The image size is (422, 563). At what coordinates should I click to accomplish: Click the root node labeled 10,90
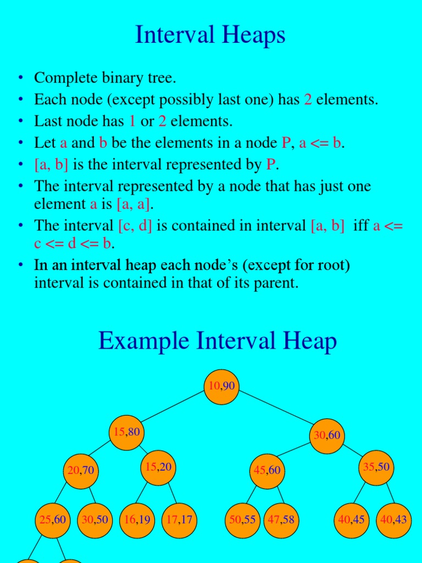221,387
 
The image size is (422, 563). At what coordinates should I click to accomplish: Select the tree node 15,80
126,433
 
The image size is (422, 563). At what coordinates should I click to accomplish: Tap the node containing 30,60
327,435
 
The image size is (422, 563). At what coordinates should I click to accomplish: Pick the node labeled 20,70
81,470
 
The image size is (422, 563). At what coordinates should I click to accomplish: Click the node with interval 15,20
158,467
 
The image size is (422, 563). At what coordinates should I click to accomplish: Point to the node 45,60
267,470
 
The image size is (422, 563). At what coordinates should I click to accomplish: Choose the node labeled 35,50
376,467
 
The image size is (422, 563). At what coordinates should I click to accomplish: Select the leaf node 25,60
53,520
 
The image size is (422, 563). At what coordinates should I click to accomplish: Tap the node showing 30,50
95,520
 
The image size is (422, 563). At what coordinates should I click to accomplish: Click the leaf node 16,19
137,520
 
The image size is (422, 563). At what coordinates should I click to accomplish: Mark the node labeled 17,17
179,520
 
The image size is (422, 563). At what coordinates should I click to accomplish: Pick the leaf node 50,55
242,520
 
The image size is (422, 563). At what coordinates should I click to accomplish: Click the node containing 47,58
280,520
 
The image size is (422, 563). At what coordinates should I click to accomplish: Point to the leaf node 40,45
352,520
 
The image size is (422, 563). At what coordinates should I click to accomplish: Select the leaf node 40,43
393,520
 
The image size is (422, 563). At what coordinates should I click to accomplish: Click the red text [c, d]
135,225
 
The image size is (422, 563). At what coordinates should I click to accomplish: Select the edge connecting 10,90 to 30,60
275,411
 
